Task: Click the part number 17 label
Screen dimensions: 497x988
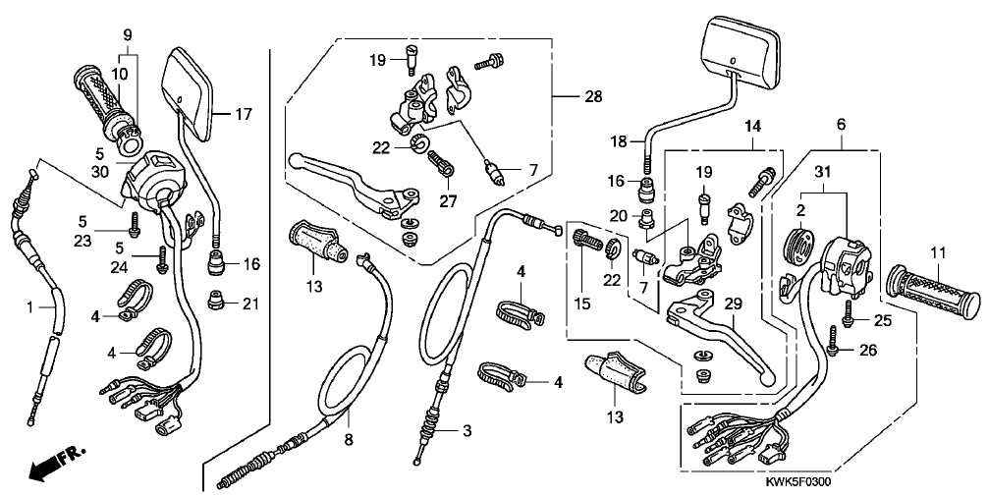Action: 244,115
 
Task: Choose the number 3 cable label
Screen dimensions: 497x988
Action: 467,430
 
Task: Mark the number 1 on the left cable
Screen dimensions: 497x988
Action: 30,308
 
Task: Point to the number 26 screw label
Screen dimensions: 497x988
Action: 868,350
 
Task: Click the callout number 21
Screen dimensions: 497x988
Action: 248,304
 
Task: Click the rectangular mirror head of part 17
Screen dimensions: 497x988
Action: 192,95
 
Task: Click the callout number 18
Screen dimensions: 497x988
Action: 619,142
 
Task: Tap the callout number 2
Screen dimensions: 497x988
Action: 802,209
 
